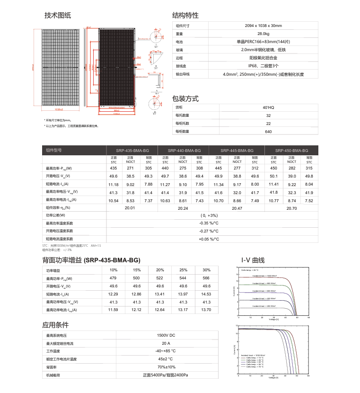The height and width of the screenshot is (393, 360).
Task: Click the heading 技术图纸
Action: [57, 16]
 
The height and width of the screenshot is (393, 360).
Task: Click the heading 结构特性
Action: [185, 16]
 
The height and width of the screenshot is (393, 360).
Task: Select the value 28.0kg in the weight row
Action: [263, 34]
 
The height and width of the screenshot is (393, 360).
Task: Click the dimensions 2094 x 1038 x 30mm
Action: [263, 26]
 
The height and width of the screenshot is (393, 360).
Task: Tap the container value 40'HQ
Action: [268, 107]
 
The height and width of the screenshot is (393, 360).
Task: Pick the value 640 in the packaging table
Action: [268, 132]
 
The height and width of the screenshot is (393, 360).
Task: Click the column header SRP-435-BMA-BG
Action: [132, 150]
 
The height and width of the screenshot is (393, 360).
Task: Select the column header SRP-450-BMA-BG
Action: [291, 150]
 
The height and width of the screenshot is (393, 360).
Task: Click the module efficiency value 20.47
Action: [237, 208]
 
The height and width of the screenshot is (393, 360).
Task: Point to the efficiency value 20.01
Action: [130, 208]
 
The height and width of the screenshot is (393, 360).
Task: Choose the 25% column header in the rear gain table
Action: [183, 270]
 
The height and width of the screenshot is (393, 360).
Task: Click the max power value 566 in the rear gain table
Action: [206, 278]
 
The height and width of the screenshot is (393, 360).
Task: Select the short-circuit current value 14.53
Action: [206, 294]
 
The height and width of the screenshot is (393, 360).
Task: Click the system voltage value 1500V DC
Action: [166, 335]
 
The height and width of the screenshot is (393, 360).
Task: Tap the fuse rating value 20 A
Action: [166, 343]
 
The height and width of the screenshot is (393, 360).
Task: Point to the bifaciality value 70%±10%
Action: [166, 367]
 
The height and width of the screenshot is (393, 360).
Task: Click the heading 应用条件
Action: [55, 325]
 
